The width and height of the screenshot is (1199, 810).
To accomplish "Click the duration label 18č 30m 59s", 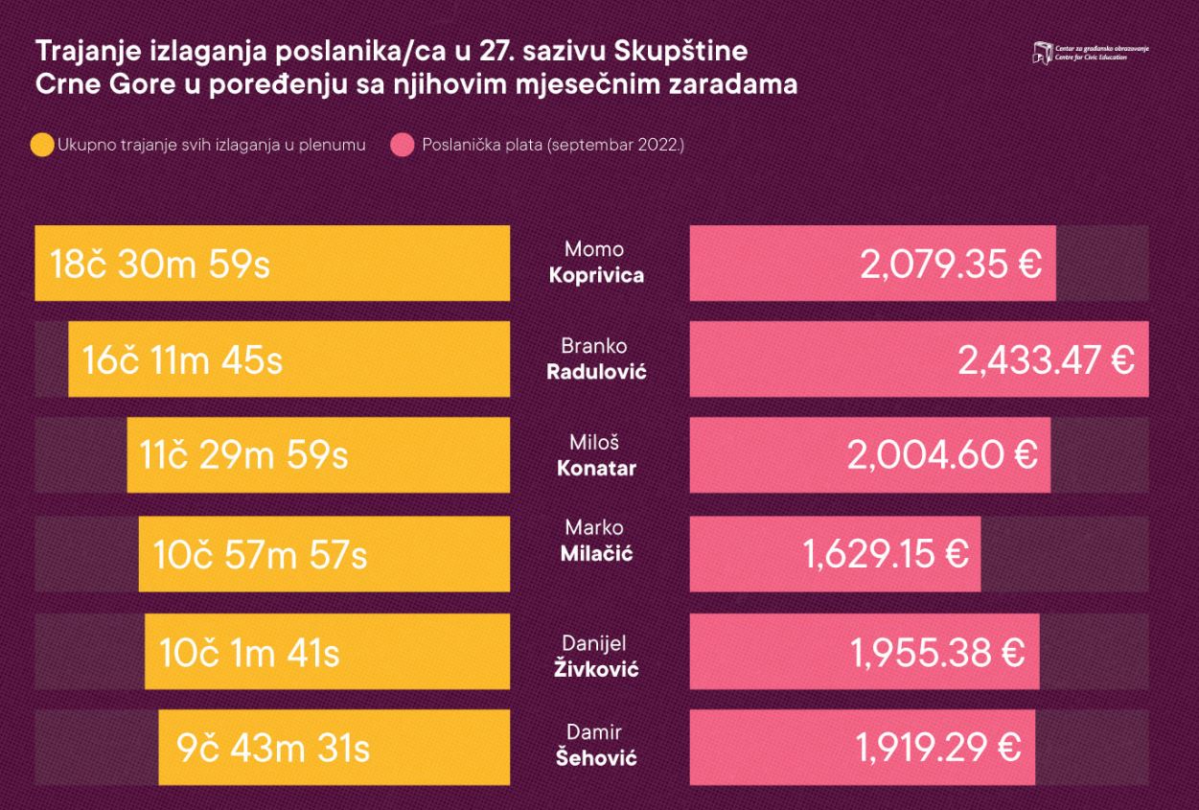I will tap(160, 264).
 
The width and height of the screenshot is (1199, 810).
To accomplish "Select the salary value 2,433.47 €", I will tap(1046, 360).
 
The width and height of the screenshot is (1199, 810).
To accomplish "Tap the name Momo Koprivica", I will tap(595, 263).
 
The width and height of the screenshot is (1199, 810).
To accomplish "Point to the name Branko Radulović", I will tap(595, 359).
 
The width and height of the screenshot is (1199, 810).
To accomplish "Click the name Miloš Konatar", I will tap(595, 455).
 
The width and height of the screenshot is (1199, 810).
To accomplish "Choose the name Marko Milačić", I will tap(595, 541).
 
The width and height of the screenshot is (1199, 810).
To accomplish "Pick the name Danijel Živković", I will tap(595, 656).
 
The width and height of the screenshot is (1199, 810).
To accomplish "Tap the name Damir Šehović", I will tap(595, 745).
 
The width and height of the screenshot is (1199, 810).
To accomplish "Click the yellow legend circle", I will tap(42, 146).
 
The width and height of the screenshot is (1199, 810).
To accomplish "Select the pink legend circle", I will tap(403, 146).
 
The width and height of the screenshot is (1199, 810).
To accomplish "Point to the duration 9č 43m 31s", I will tap(273, 748).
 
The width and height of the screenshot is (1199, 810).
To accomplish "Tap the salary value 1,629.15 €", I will tap(886, 553).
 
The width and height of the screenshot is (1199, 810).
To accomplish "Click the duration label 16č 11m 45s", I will tap(182, 360).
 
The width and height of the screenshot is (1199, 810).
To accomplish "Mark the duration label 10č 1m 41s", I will tap(249, 653).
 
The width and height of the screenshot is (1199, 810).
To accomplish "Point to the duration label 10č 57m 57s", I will tap(260, 554).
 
